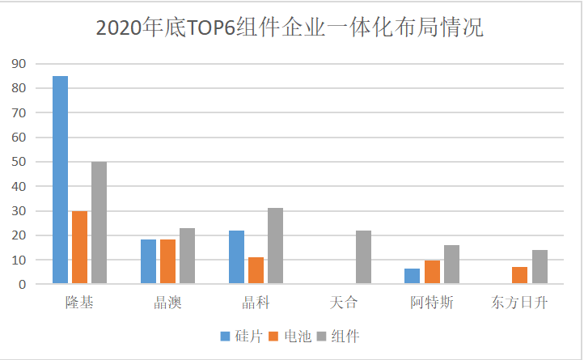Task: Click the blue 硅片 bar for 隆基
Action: click(x=61, y=180)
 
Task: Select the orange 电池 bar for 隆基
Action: click(x=80, y=247)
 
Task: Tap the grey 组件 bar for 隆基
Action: click(x=99, y=222)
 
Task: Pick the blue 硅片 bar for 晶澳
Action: click(x=148, y=261)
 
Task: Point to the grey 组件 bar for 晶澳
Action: click(x=187, y=256)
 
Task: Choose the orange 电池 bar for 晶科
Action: click(x=256, y=270)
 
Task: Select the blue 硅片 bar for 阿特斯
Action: click(x=412, y=276)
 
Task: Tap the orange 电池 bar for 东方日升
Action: click(x=519, y=275)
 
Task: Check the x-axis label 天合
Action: click(x=344, y=304)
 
